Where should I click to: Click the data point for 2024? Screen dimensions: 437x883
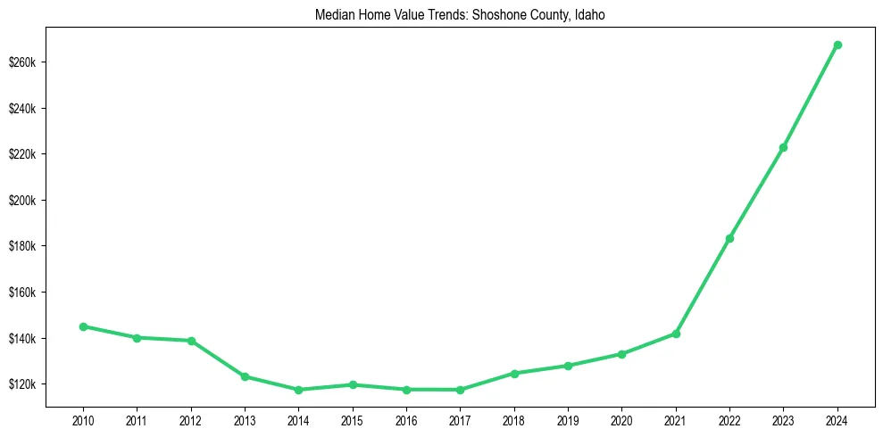[837, 45]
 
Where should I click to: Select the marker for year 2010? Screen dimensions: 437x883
[83, 326]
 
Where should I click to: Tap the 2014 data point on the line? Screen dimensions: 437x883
[298, 390]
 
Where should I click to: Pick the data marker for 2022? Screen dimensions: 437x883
[729, 238]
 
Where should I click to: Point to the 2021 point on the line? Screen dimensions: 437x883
[676, 334]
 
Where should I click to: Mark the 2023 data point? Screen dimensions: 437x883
[784, 147]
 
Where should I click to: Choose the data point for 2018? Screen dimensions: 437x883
[514, 374]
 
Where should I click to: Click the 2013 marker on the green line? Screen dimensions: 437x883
[245, 376]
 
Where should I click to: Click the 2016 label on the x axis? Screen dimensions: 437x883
[406, 418]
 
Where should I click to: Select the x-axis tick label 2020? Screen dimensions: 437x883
[622, 418]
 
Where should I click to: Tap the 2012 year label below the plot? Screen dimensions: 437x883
[191, 418]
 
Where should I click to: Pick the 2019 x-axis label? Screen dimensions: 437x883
[568, 418]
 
